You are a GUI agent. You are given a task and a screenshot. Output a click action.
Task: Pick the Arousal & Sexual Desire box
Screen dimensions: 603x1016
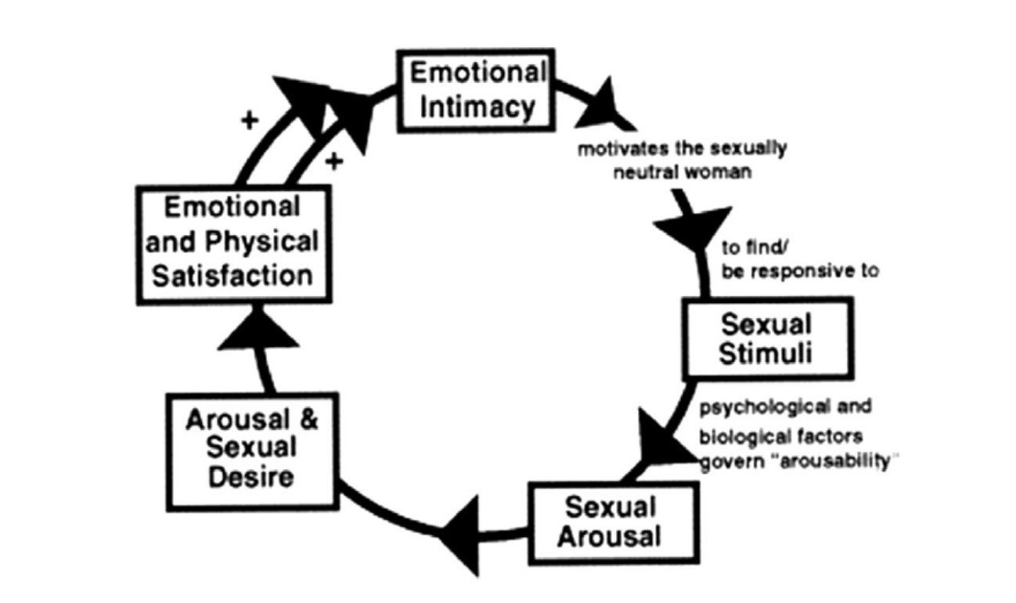pos(251,450)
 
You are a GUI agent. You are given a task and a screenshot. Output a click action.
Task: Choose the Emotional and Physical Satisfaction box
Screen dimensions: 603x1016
pos(232,243)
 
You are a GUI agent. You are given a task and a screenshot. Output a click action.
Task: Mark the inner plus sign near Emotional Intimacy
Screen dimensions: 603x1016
pos(335,161)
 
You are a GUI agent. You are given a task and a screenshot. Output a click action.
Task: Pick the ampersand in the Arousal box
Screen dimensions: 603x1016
pos(308,420)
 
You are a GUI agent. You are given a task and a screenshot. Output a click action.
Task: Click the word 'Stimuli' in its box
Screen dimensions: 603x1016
pos(766,354)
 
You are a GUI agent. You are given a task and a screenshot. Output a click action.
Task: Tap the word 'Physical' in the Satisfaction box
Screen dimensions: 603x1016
pos(271,242)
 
